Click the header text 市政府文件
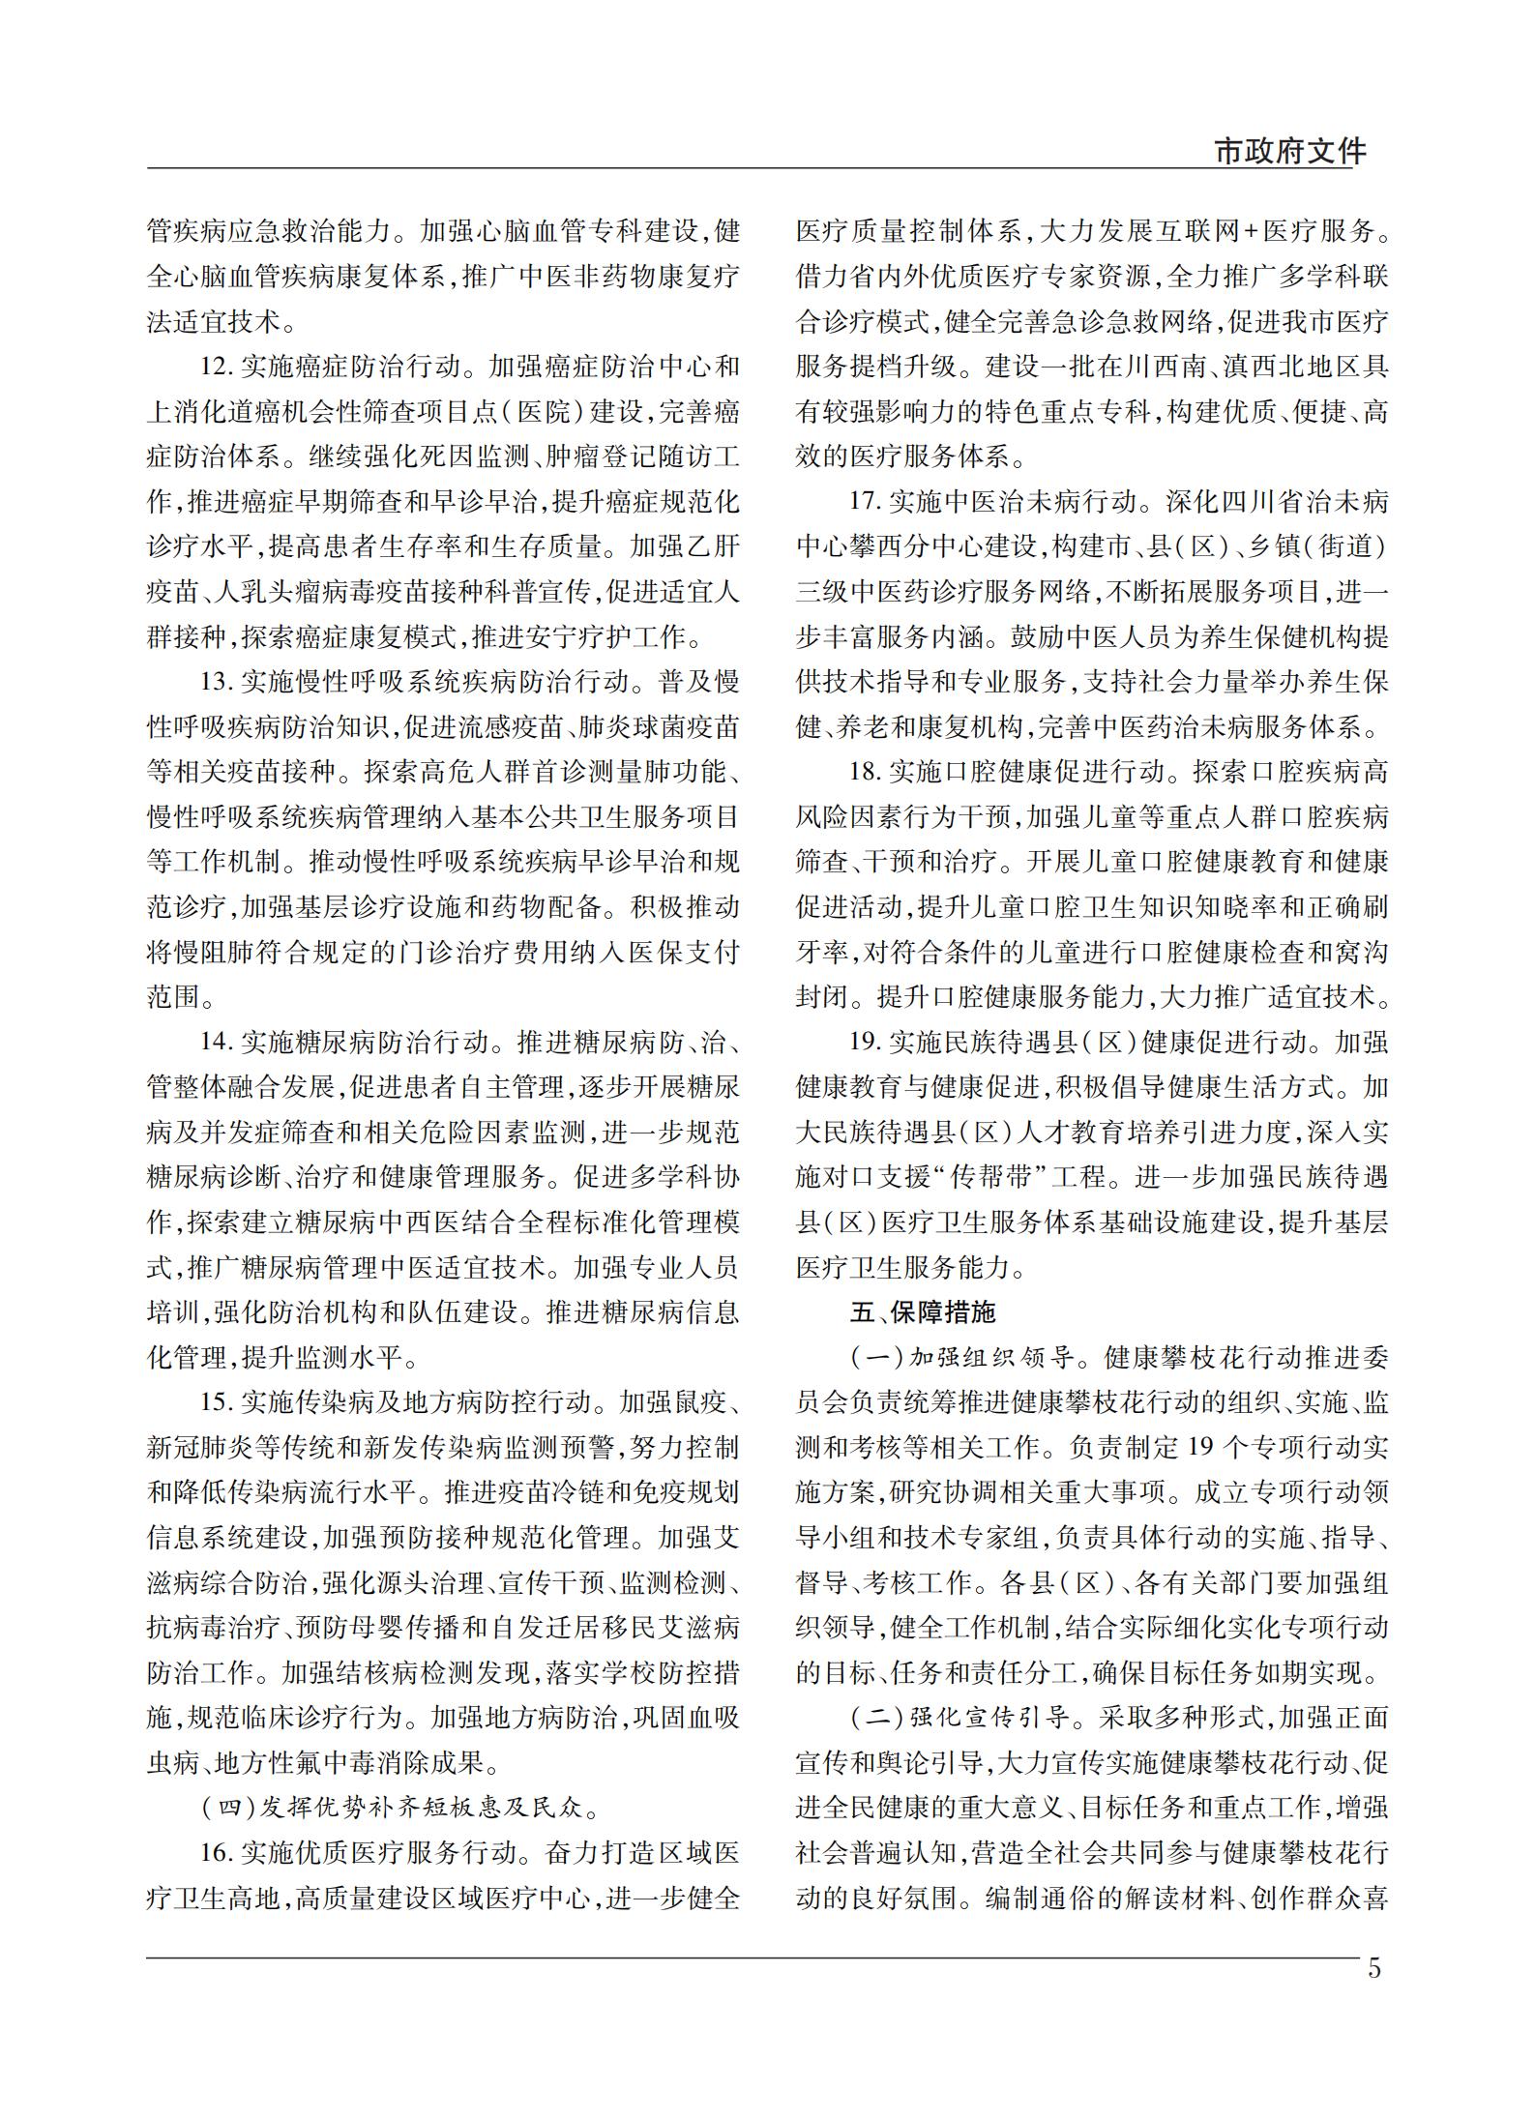coord(1289,152)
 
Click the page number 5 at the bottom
coord(1374,1969)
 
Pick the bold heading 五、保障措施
coord(922,1312)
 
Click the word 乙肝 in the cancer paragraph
coord(713,547)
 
